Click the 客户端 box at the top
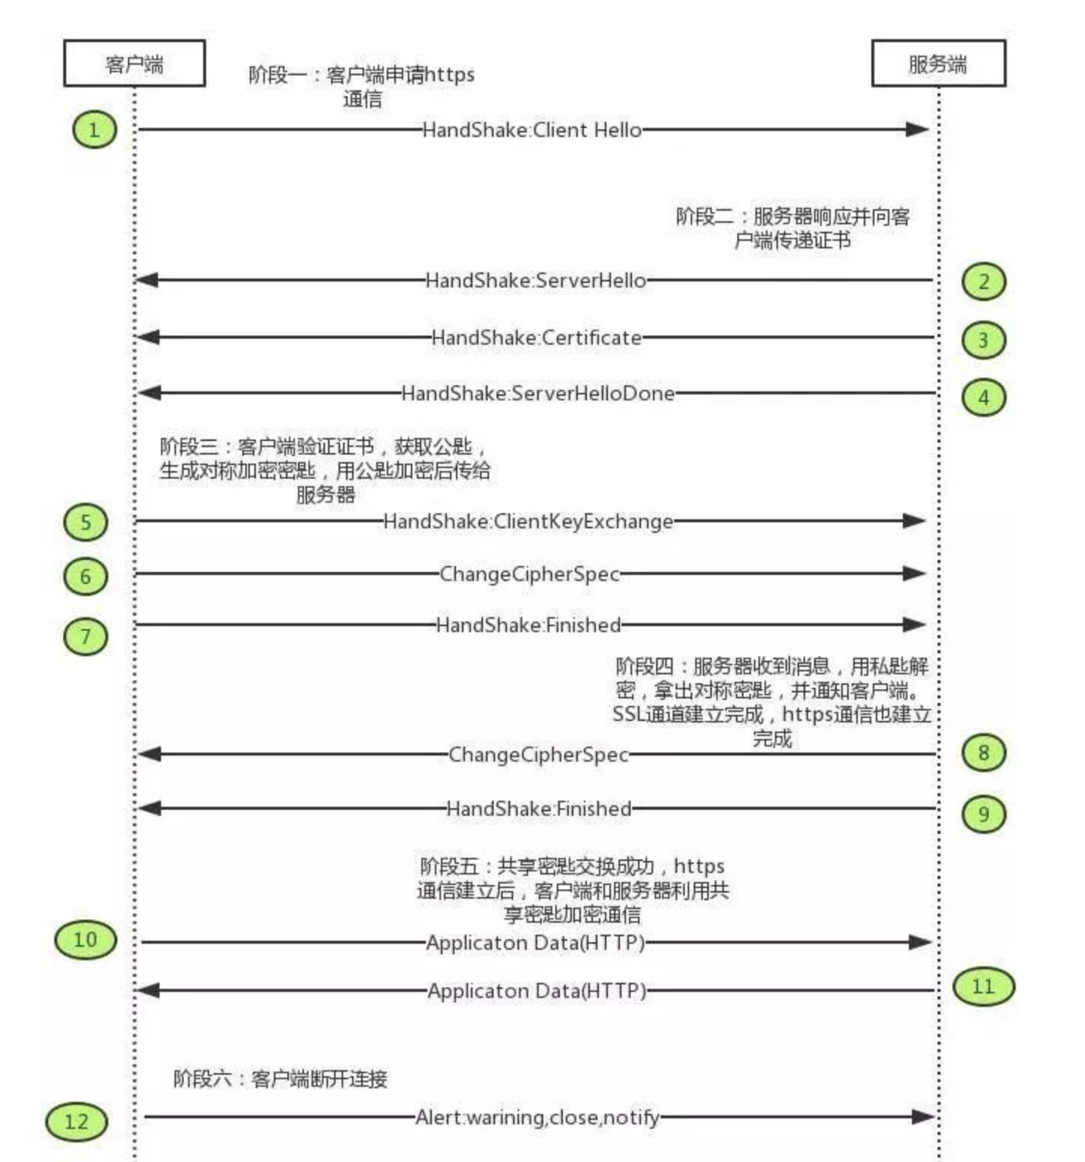tap(134, 63)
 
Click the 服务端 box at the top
tap(938, 63)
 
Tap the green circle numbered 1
tap(94, 129)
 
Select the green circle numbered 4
tap(983, 397)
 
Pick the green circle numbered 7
tap(85, 637)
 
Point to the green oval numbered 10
tap(85, 939)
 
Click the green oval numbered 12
tap(76, 1121)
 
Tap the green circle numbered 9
tap(983, 814)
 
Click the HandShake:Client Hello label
tap(532, 130)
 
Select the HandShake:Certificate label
tap(536, 337)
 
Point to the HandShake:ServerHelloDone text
tap(538, 393)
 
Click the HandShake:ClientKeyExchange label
tap(528, 521)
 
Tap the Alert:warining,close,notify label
tap(537, 1118)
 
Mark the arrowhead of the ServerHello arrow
tap(146, 280)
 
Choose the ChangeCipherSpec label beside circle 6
tap(530, 574)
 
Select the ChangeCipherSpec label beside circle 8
tap(538, 754)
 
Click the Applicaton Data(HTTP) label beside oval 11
tap(537, 990)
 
